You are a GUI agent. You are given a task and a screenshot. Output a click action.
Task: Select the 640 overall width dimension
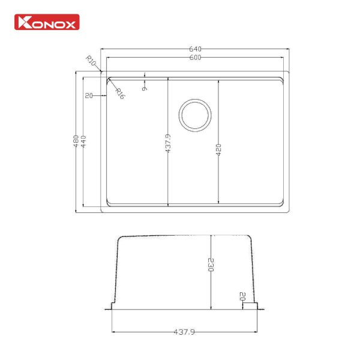click(196, 49)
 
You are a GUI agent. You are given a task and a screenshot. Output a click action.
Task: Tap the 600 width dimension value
click(196, 58)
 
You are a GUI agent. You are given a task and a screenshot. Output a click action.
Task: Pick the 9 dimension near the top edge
click(145, 88)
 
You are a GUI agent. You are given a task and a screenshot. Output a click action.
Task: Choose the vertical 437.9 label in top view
click(169, 142)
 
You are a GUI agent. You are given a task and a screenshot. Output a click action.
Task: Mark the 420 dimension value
click(219, 149)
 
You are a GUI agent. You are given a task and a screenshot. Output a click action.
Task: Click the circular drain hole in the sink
click(195, 114)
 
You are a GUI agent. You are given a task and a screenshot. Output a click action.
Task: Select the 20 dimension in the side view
click(242, 296)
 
